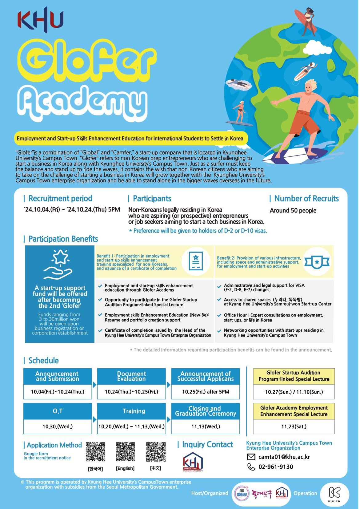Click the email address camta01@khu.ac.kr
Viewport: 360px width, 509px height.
pos(284,457)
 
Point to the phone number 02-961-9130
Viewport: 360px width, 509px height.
pos(276,467)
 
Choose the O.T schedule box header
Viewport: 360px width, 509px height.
pos(58,411)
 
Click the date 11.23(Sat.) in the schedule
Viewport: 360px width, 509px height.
pos(294,427)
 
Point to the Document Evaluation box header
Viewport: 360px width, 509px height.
pos(131,376)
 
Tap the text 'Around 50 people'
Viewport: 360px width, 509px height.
pos(293,211)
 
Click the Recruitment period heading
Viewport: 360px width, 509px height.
pos(60,198)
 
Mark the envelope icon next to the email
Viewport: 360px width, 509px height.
pos(251,457)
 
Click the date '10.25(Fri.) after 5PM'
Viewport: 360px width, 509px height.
pos(205,392)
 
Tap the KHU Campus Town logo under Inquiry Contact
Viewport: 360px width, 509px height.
pos(193,462)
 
